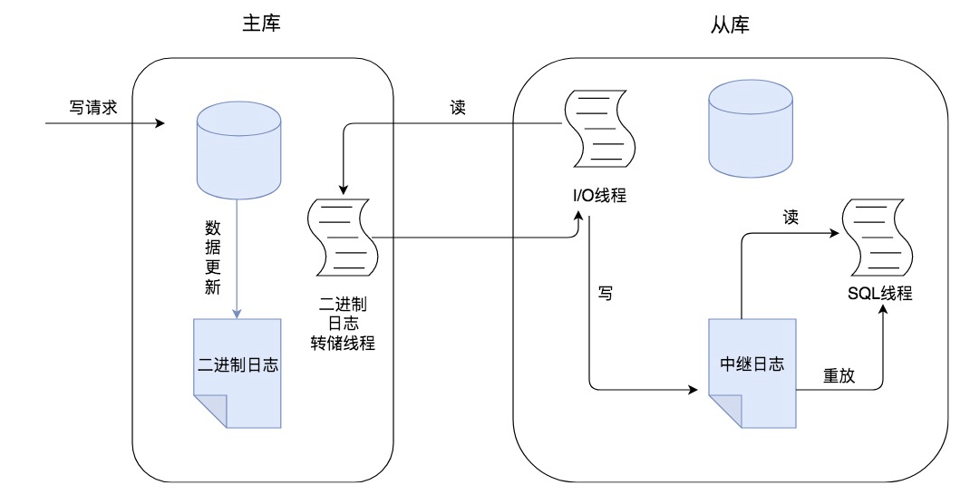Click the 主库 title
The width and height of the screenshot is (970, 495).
tap(262, 24)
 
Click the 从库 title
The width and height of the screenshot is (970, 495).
tap(730, 24)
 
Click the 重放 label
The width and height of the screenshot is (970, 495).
tap(839, 374)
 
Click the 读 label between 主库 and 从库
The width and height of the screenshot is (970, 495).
tap(458, 106)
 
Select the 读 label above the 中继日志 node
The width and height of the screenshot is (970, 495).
tap(791, 218)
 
